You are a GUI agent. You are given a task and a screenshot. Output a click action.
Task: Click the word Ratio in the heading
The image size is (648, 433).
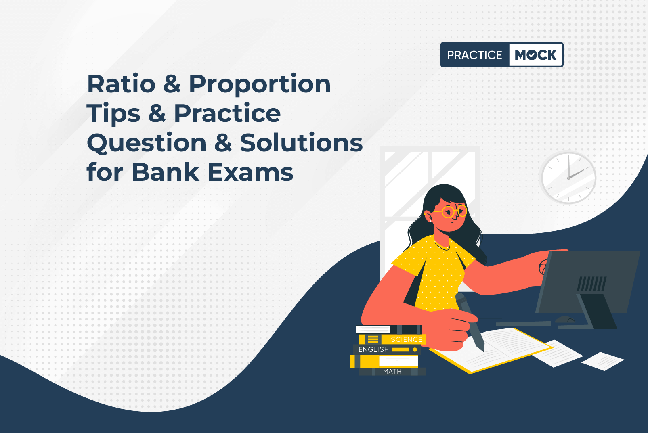(x=121, y=84)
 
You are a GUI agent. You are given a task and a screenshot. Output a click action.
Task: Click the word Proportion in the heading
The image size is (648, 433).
(x=260, y=85)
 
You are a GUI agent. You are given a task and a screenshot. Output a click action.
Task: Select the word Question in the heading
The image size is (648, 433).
(x=147, y=143)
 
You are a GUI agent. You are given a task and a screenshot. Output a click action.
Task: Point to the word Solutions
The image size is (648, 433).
(x=301, y=142)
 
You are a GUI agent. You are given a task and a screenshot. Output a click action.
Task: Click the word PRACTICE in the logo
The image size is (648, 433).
(x=474, y=55)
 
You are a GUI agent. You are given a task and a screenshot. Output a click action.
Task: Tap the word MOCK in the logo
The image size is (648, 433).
(x=536, y=55)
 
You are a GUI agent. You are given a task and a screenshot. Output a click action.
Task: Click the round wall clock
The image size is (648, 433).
(x=568, y=178)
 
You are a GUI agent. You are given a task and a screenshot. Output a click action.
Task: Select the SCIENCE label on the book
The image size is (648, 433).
(x=406, y=339)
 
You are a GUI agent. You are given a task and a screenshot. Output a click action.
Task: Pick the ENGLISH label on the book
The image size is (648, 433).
(x=373, y=349)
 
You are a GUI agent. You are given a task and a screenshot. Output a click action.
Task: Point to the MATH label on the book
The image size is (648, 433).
(x=392, y=371)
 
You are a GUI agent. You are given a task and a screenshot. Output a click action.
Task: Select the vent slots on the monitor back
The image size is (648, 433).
(x=592, y=284)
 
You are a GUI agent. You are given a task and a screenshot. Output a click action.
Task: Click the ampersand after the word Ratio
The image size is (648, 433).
(x=172, y=84)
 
